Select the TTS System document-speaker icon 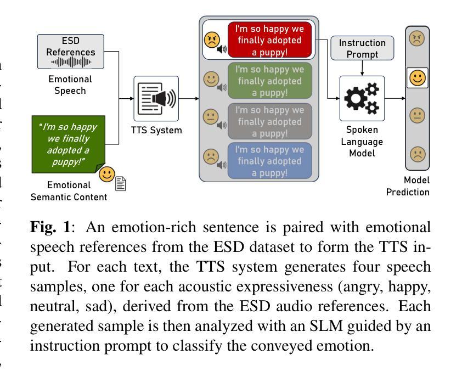pyautogui.click(x=156, y=99)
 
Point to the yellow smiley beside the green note pyautogui.click(x=107, y=175)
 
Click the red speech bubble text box pyautogui.click(x=269, y=40)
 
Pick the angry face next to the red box pyautogui.click(x=212, y=40)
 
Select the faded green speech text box pyautogui.click(x=269, y=81)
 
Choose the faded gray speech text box pyautogui.click(x=269, y=121)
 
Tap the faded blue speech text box pyautogui.click(x=269, y=161)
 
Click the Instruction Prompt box pyautogui.click(x=362, y=48)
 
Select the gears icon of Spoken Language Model pyautogui.click(x=362, y=99)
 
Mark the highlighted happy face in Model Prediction pyautogui.click(x=417, y=77)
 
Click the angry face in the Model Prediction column pyautogui.click(x=417, y=40)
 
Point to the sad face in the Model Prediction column pyautogui.click(x=417, y=155)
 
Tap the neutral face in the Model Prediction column pyautogui.click(x=417, y=116)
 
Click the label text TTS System pyautogui.click(x=156, y=131)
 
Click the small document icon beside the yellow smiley pyautogui.click(x=121, y=183)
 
